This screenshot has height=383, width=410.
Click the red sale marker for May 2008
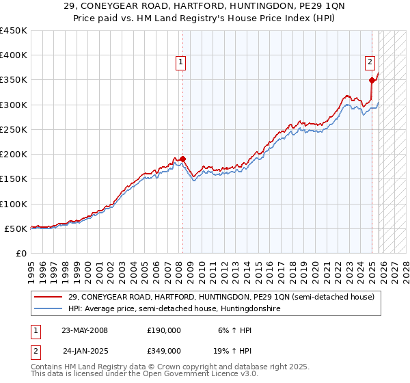click(182, 159)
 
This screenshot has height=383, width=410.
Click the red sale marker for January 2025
click(372, 80)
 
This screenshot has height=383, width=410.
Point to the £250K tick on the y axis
click(14, 129)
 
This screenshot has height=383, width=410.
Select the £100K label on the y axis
click(14, 204)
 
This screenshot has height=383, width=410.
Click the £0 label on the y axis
click(20, 253)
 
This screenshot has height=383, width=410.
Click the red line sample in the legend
click(49, 298)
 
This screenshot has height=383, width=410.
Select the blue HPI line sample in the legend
click(49, 309)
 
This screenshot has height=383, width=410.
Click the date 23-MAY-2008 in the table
click(85, 330)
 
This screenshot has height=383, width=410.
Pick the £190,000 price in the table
click(163, 330)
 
